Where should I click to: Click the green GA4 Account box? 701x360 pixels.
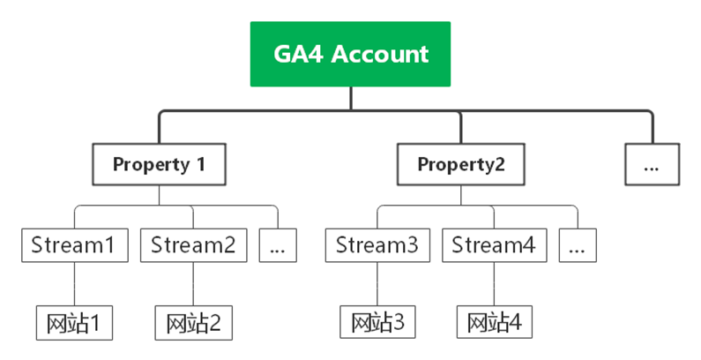[350, 54]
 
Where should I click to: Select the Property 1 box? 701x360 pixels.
[159, 164]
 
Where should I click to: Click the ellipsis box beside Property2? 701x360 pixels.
[653, 164]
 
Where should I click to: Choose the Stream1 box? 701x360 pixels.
[73, 244]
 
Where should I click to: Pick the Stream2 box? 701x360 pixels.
[193, 244]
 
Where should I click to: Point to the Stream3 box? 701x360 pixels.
[377, 244]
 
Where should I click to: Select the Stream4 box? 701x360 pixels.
[494, 244]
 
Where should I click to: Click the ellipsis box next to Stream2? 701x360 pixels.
[278, 244]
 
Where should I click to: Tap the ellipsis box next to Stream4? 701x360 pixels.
[578, 244]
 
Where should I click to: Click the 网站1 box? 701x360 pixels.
[74, 323]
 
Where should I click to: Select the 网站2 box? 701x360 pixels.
[193, 323]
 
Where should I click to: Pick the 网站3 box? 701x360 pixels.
[377, 323]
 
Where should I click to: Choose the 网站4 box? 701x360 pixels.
[494, 323]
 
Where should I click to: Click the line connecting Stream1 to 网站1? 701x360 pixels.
[74, 284]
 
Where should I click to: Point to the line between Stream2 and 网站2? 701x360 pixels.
[193, 284]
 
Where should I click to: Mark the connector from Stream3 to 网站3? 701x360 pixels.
[377, 284]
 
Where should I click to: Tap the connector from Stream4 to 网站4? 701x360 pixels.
[494, 284]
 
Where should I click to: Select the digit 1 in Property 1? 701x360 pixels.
[200, 164]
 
